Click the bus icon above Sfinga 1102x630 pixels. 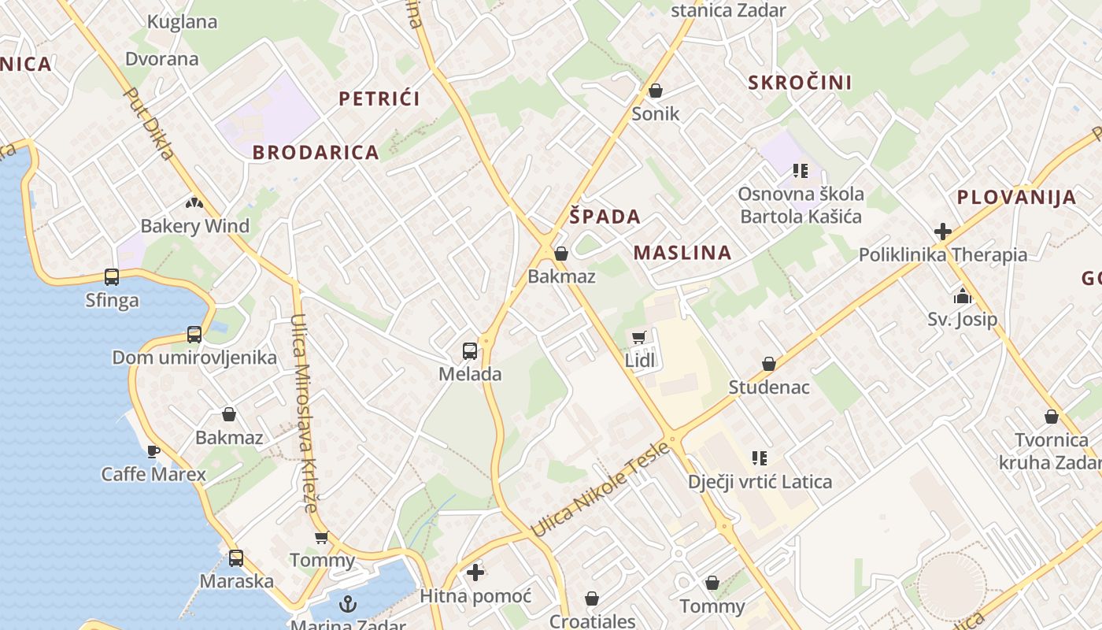112,277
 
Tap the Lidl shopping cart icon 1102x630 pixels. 639,338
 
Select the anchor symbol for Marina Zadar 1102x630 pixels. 347,604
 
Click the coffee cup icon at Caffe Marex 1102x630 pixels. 153,451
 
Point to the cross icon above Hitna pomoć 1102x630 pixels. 475,573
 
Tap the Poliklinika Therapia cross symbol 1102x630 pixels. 943,232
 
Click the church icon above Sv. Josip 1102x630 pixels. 962,297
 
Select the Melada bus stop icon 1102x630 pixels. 470,351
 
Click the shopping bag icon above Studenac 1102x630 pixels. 769,364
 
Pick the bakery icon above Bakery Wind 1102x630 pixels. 194,203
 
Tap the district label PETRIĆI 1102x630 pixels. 379,98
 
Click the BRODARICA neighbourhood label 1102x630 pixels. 316,153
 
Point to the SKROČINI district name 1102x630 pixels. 800,83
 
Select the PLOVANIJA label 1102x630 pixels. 1016,198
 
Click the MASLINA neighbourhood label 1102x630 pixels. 682,253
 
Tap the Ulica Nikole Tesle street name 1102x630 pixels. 600,491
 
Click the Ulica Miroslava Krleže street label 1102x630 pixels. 303,413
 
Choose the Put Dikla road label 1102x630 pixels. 150,123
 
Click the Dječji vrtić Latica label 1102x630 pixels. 760,481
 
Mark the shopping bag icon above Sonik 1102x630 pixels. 656,91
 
